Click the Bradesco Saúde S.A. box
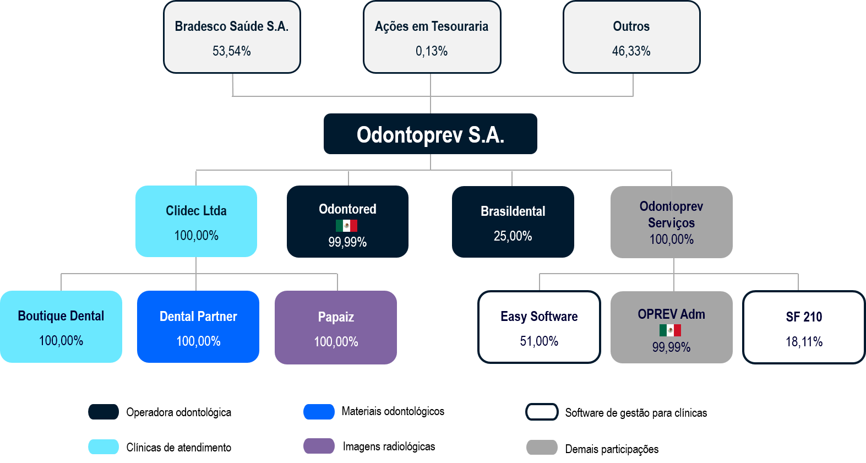tap(232, 37)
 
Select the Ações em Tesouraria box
tap(432, 37)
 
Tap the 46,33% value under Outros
tap(631, 51)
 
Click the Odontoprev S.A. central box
tap(430, 134)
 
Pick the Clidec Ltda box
tap(196, 221)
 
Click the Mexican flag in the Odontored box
tap(347, 226)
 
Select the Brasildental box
tap(513, 222)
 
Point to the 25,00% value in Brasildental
tap(513, 236)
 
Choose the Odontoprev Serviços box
tap(671, 222)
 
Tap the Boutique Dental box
tap(61, 326)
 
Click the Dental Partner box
tap(198, 327)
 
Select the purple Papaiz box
tap(336, 328)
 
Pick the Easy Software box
tap(539, 327)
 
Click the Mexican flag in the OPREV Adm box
tap(670, 330)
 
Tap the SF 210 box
tap(804, 327)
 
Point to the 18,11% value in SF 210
tap(804, 342)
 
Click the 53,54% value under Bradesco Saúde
tap(232, 51)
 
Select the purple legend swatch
tap(319, 446)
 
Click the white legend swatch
tap(542, 412)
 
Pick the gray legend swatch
tap(542, 447)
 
